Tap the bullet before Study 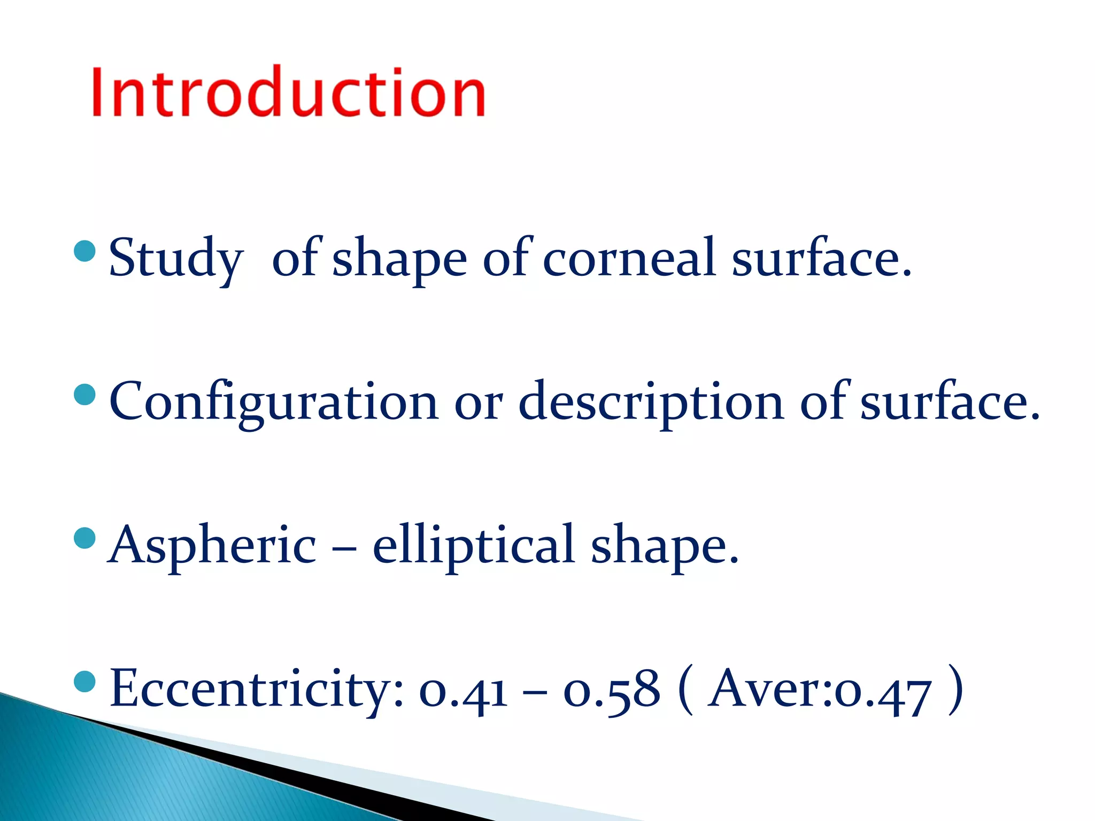point(85,251)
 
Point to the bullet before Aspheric point(85,538)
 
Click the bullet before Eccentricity point(85,681)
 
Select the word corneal point(629,258)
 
